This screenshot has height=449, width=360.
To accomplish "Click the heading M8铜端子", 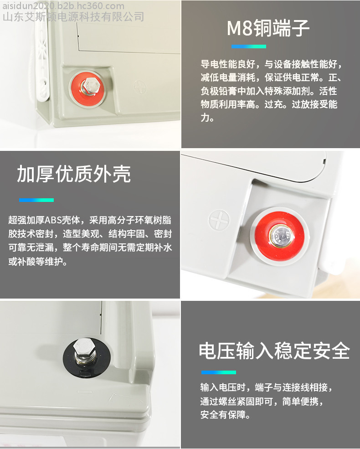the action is [268, 28].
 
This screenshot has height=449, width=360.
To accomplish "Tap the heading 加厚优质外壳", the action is [74, 174].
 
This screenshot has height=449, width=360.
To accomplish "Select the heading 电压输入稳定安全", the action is [274, 351].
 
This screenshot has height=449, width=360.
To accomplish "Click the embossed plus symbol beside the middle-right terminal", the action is [219, 220].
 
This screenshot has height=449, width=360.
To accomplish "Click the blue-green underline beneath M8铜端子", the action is [249, 46].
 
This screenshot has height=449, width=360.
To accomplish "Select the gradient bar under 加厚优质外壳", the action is [36, 200].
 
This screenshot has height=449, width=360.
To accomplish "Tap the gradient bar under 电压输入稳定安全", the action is [219, 372].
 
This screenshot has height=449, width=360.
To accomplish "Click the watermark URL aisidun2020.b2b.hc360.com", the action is [63, 6].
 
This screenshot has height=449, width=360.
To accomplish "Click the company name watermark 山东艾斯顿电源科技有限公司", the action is [73, 17].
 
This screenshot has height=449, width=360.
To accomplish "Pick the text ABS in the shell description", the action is [53, 220].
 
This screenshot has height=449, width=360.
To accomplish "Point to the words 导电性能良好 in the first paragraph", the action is [228, 64].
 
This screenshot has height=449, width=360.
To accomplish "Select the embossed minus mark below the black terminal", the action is [85, 392].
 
